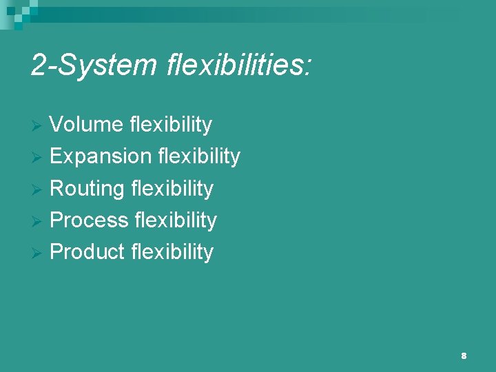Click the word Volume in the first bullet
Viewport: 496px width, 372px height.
coord(87,125)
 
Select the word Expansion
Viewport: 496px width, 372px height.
coord(100,156)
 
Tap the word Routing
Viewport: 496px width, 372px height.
coord(87,188)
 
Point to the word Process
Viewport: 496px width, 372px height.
coord(89,220)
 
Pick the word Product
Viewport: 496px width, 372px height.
coord(88,251)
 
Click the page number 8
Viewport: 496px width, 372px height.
coord(464,355)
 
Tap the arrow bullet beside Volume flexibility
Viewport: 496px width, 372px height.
coord(39,125)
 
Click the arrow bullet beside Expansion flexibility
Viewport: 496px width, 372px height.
coord(39,157)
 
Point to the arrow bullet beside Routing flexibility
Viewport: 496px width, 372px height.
coord(39,189)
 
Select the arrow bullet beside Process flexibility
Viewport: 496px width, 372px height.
coord(39,220)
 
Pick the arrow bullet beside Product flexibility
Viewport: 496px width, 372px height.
coord(39,252)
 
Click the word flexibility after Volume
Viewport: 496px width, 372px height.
coord(170,125)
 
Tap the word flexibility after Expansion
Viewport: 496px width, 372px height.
coord(198,156)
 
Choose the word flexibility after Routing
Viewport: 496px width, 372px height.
coord(172,188)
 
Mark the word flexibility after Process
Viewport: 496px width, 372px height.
coord(175,220)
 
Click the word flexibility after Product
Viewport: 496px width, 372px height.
coord(172,251)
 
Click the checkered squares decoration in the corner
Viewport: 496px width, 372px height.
coord(17,10)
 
